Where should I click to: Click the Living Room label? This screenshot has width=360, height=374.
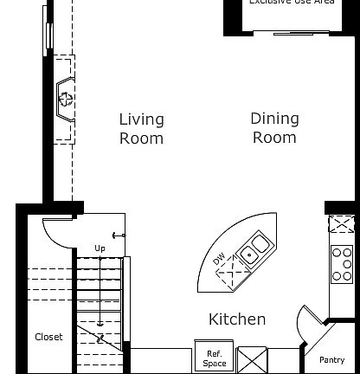tap(141, 128)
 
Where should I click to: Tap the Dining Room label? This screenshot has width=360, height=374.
tap(274, 127)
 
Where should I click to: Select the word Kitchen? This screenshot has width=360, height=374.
tap(237, 319)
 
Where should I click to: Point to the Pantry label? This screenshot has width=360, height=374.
tap(331, 360)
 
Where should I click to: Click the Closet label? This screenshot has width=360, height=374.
tap(48, 337)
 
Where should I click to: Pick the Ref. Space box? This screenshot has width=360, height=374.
tap(214, 358)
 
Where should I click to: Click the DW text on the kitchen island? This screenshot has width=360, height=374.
tap(218, 258)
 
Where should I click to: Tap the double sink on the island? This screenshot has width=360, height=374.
tap(254, 248)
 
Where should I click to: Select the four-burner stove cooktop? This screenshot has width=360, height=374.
tap(343, 264)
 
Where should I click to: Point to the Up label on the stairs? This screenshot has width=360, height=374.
tap(100, 248)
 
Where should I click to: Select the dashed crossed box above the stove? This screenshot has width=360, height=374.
tap(342, 223)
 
